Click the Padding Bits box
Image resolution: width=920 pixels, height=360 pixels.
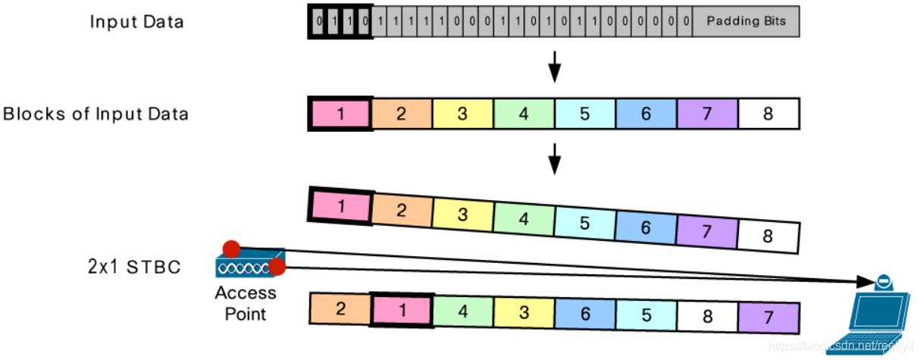pyautogui.click(x=746, y=21)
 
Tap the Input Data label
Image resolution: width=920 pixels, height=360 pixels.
pyautogui.click(x=136, y=21)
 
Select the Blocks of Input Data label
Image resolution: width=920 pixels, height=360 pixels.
pyautogui.click(x=95, y=114)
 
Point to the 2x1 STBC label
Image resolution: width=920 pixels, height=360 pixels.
pyautogui.click(x=133, y=266)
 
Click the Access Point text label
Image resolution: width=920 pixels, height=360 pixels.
pyautogui.click(x=246, y=302)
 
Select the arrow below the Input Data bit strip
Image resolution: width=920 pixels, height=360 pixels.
pyautogui.click(x=555, y=67)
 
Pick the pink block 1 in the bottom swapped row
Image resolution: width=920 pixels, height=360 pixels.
pyautogui.click(x=402, y=310)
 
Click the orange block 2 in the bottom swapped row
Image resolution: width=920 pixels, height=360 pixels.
pyautogui.click(x=341, y=308)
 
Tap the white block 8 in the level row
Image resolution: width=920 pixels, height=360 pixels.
pyautogui.click(x=768, y=115)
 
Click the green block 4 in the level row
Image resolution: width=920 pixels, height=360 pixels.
pyautogui.click(x=524, y=115)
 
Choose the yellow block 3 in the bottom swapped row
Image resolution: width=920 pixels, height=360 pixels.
pyautogui.click(x=524, y=311)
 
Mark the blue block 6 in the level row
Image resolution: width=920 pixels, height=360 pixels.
pyautogui.click(x=646, y=115)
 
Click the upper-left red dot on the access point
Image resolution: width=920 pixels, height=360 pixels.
pyautogui.click(x=231, y=248)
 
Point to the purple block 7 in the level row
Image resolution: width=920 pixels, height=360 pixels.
pyautogui.click(x=707, y=115)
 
